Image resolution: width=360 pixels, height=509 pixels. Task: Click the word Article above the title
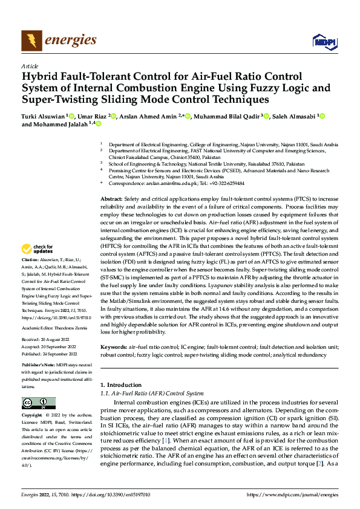[x=30, y=66]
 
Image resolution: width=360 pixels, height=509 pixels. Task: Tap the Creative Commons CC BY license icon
[x=38, y=403]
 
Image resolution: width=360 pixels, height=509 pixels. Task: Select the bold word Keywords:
[x=114, y=348]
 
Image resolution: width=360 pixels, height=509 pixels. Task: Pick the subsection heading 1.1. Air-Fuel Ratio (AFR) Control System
[x=152, y=394]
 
